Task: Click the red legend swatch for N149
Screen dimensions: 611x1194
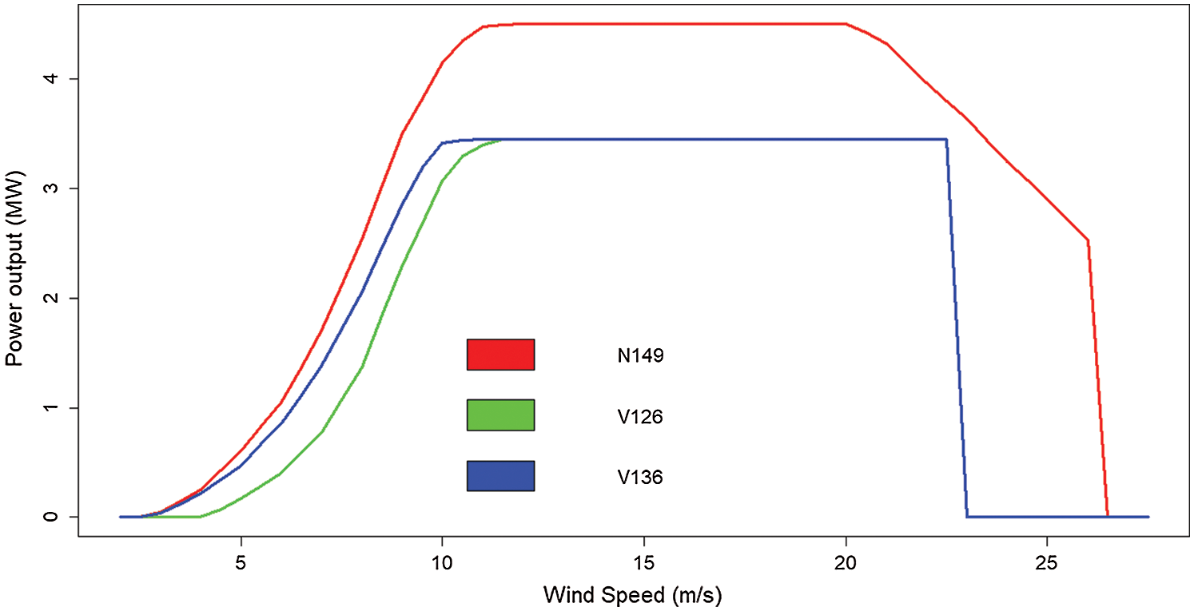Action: [500, 355]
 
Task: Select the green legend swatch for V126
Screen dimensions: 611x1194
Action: [500, 415]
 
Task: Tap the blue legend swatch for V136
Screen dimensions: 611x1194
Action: [500, 476]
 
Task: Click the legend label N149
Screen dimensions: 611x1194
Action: [640, 356]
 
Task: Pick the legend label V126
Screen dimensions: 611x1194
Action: [640, 417]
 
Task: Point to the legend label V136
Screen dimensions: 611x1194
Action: [640, 478]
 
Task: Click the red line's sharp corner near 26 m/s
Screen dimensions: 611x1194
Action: [1088, 240]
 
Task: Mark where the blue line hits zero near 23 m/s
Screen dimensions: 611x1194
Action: [967, 517]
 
